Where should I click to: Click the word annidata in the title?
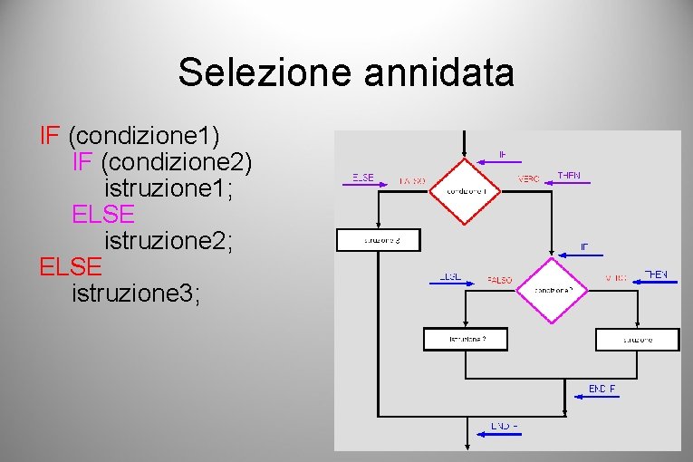[439, 72]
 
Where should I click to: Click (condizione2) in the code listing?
[178, 163]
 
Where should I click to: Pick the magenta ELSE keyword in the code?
[103, 215]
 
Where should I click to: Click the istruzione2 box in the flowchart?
[466, 339]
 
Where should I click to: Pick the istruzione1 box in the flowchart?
[637, 339]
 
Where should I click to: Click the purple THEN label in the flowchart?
[569, 175]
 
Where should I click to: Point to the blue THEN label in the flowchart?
[655, 274]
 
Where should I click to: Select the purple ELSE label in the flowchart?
[362, 177]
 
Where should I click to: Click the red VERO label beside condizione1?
[528, 179]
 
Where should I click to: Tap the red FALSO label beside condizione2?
[499, 279]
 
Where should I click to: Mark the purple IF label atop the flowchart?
[503, 154]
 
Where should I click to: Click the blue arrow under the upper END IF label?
[591, 396]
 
